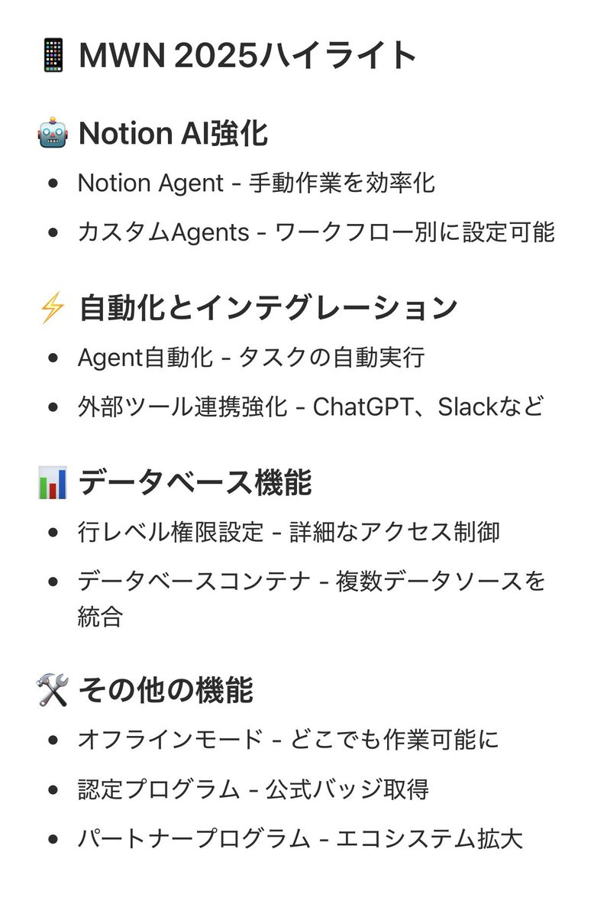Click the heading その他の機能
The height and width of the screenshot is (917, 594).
pyautogui.click(x=166, y=690)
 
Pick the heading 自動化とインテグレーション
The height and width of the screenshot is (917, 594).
pyautogui.click(x=268, y=308)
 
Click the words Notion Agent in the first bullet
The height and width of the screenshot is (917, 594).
pyautogui.click(x=150, y=183)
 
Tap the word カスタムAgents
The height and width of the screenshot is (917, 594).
pyautogui.click(x=163, y=232)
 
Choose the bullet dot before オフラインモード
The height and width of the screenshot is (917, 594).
pyautogui.click(x=53, y=740)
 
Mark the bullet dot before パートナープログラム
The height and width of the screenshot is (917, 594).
pyautogui.click(x=53, y=838)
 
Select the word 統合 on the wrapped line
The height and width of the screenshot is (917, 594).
pyautogui.click(x=100, y=617)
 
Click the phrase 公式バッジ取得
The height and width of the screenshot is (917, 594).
pyautogui.click(x=347, y=789)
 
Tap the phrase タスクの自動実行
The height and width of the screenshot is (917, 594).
pyautogui.click(x=331, y=357)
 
